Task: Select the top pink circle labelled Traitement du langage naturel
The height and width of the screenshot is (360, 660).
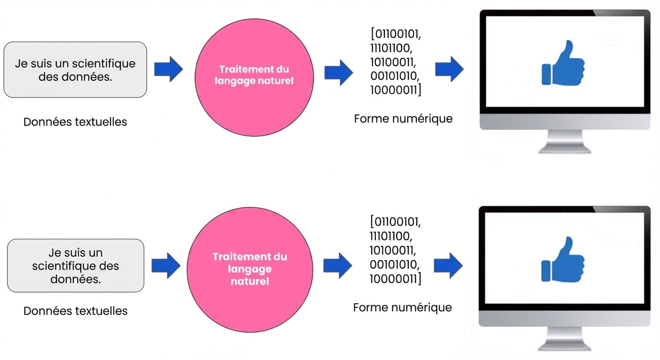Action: tap(254, 75)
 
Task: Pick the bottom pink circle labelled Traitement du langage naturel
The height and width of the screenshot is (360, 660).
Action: tap(249, 269)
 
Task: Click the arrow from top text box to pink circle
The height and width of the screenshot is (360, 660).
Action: tap(168, 69)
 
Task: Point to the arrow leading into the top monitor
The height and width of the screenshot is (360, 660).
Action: tap(449, 69)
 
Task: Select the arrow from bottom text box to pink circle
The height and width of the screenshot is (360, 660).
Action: tap(166, 265)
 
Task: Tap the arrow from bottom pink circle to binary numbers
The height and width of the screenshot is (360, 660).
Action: tap(337, 265)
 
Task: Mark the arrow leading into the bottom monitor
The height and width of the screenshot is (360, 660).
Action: tap(448, 265)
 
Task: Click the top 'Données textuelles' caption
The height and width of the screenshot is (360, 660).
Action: tap(75, 122)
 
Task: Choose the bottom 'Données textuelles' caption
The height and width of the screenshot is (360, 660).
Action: tap(75, 310)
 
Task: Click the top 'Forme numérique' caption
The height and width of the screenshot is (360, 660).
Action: tap(403, 119)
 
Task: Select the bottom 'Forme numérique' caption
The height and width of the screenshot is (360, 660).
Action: tap(402, 307)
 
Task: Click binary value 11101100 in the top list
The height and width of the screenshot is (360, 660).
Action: tap(393, 48)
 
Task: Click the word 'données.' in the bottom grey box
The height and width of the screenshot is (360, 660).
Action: tap(75, 279)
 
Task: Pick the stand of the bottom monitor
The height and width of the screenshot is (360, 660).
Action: tap(564, 338)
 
